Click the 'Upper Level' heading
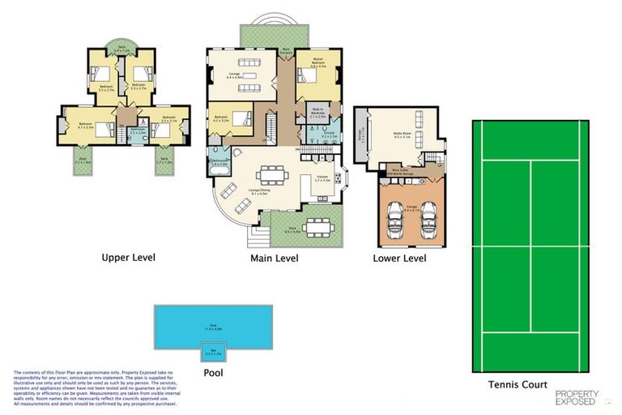coord(129,259)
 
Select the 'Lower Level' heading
coord(398,259)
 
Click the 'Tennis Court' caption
coord(518,384)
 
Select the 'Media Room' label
coord(402,135)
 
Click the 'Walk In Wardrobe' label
coord(317,114)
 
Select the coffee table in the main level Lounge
coord(243,77)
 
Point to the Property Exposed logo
coord(576,397)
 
